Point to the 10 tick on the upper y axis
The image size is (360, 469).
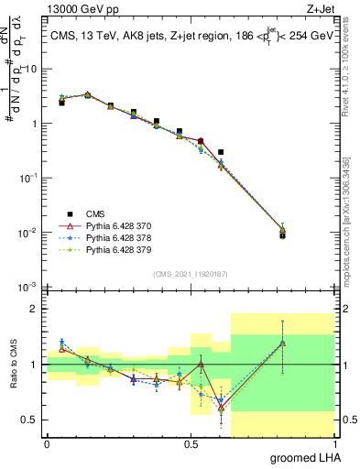pyautogui.click(x=32, y=69)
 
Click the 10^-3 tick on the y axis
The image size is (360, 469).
pyautogui.click(x=30, y=288)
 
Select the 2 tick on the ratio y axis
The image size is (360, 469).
pyautogui.click(x=36, y=309)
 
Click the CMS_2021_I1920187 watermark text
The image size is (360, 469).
pyautogui.click(x=190, y=274)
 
